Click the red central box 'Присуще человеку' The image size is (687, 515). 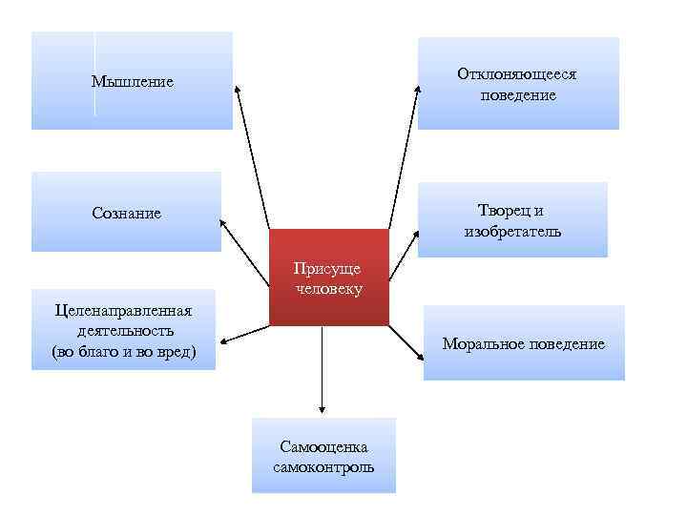coord(329,277)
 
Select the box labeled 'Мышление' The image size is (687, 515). coord(132,81)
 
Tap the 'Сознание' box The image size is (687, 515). coord(126,212)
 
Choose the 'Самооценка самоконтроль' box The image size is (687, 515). coord(323,456)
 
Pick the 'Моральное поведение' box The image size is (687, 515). coord(524,343)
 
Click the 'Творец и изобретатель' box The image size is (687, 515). coord(512,220)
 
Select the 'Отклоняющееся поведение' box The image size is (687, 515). coord(518,84)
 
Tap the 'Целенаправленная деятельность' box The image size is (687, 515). coord(124,330)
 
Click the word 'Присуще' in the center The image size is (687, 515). coord(329,268)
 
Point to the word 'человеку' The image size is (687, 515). coord(329,288)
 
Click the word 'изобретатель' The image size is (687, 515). coord(512,232)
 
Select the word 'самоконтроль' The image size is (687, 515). coord(323,467)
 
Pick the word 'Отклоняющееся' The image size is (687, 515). coord(517,73)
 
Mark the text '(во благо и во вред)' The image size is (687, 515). coord(124,352)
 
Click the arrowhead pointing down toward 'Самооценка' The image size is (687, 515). coord(323,404)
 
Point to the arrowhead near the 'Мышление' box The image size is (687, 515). coord(239,91)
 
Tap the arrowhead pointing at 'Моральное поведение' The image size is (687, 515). coord(423,356)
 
